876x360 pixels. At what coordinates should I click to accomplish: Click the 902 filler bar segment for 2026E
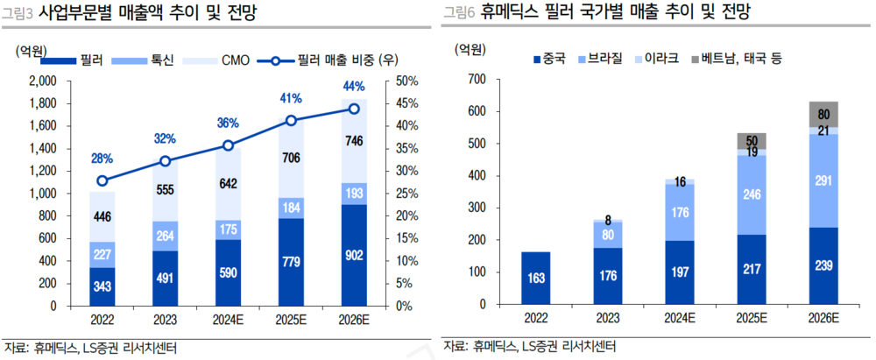pos(354,254)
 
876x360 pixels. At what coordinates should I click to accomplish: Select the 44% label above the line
pos(354,86)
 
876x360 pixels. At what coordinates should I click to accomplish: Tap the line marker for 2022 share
pos(102,180)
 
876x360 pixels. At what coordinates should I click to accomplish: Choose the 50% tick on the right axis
pos(406,81)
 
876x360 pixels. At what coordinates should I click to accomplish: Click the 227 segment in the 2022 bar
pos(102,255)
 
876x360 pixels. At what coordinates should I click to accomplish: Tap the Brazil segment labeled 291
pos(823,180)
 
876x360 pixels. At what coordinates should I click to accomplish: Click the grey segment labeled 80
pos(823,114)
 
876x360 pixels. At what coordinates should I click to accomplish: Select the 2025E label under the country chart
pos(752,316)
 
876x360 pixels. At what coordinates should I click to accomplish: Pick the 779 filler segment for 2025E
pos(291,261)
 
